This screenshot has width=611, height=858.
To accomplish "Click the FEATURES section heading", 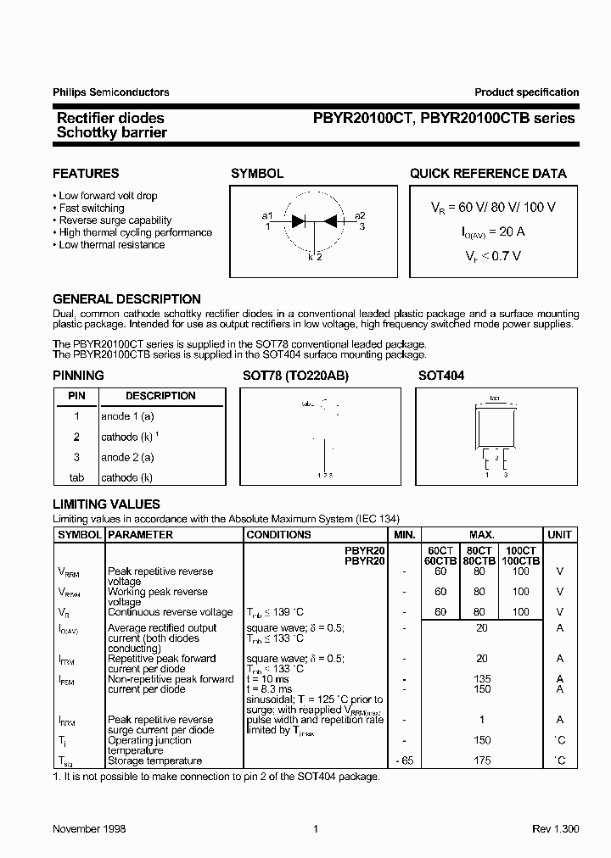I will (86, 174).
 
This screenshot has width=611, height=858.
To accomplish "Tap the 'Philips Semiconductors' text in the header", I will (110, 92).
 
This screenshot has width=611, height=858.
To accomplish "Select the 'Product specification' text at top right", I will (526, 92).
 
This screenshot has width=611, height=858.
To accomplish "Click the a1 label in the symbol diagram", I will (267, 215).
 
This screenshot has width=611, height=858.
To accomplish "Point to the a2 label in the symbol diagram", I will (360, 215).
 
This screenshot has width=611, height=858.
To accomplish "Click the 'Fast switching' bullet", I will (91, 208).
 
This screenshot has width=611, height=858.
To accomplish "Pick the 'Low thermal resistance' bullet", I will (111, 245).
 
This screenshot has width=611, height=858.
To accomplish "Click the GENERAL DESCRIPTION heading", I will (126, 299).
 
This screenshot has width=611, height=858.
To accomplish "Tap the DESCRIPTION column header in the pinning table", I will (160, 396).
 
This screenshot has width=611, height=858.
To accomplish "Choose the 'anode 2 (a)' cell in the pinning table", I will (127, 457).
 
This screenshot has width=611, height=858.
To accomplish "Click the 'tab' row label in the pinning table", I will (76, 478).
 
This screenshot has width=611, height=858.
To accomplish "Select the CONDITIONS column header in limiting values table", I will (278, 535).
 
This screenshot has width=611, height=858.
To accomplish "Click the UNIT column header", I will (559, 535).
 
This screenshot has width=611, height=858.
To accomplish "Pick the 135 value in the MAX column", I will (482, 679).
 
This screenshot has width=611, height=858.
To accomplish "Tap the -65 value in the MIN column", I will (404, 760).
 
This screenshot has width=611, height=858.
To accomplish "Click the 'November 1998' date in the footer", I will (89, 828).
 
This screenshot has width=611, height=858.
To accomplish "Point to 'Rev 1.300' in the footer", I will (555, 828).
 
